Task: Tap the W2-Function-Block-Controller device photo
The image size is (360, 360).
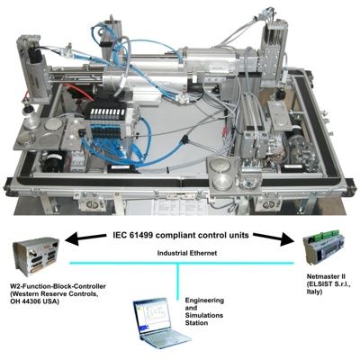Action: point(36,256)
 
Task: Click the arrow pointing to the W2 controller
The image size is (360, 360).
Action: point(86,238)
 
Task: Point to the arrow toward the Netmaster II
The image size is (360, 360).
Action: point(273,238)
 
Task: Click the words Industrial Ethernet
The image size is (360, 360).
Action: point(187,253)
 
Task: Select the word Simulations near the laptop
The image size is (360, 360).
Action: point(204,315)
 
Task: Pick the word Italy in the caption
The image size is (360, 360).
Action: point(314,292)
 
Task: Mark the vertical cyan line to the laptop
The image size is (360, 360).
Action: point(178,281)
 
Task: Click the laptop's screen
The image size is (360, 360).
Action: point(151,316)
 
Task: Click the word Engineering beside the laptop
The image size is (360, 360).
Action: point(204,301)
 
